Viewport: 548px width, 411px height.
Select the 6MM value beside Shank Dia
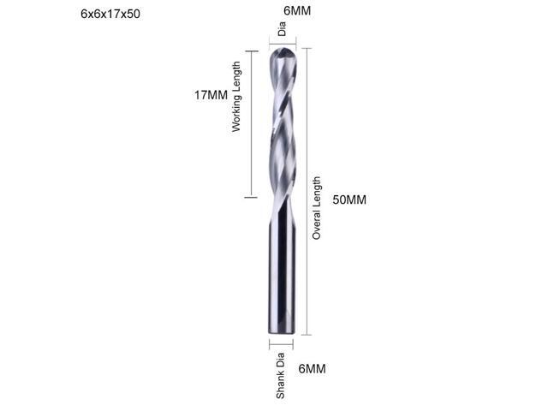(x=312, y=369)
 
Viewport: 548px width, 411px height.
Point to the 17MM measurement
(x=211, y=95)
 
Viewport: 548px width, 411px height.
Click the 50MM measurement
(x=349, y=200)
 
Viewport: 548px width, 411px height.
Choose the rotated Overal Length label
(x=317, y=207)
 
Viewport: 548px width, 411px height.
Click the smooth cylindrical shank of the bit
(x=282, y=274)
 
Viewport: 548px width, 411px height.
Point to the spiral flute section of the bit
(x=282, y=128)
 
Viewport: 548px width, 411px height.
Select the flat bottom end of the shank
(x=282, y=332)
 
